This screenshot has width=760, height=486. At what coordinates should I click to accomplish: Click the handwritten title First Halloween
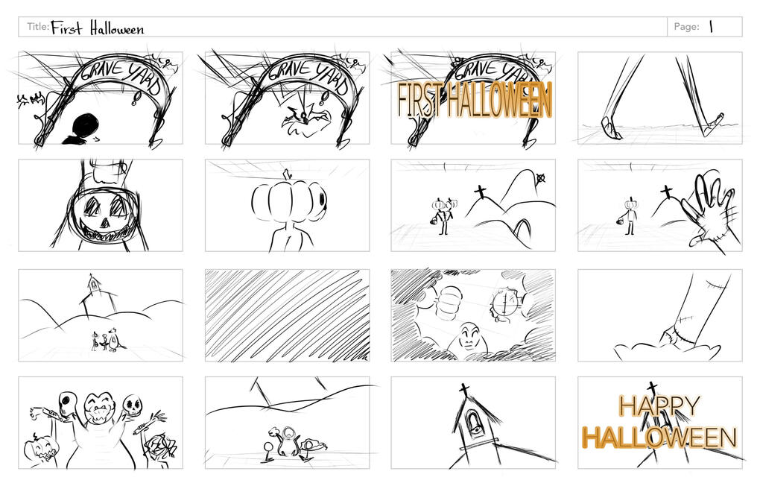[98, 28]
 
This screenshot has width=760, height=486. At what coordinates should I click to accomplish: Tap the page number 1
[711, 27]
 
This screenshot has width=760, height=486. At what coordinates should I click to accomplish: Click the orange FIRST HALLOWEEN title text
[475, 100]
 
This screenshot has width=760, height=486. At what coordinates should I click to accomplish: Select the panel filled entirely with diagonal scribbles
[287, 315]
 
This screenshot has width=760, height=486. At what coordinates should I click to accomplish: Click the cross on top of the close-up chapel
[464, 389]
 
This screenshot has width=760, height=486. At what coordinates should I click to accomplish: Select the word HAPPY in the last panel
[659, 406]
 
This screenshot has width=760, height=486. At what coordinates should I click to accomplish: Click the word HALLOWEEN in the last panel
[659, 437]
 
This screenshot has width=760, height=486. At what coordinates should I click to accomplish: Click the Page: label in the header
[686, 27]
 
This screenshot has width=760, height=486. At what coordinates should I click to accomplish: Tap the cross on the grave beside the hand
[667, 192]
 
